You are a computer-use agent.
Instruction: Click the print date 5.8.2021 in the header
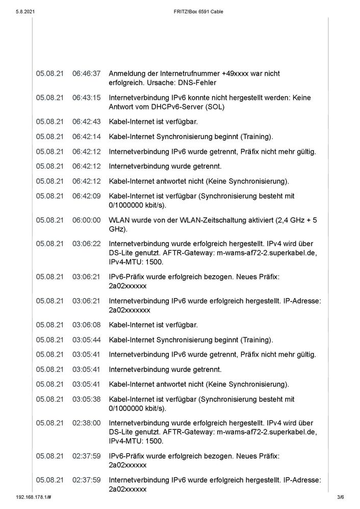click(x=26, y=11)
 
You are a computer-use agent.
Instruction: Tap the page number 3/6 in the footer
click(x=341, y=497)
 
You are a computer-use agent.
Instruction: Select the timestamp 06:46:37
click(x=86, y=74)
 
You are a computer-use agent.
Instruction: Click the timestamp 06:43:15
click(x=86, y=97)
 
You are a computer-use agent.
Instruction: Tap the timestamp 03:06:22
click(x=86, y=244)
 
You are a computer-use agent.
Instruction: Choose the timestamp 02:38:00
click(x=86, y=423)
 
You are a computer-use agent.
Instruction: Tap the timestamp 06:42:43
click(x=86, y=121)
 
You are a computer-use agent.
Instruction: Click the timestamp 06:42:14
click(x=86, y=137)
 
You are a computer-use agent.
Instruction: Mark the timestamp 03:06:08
click(x=86, y=325)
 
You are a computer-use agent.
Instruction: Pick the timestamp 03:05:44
click(x=86, y=340)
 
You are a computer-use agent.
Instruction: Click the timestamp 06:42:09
click(x=86, y=196)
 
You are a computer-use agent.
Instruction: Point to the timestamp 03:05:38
click(x=86, y=399)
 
